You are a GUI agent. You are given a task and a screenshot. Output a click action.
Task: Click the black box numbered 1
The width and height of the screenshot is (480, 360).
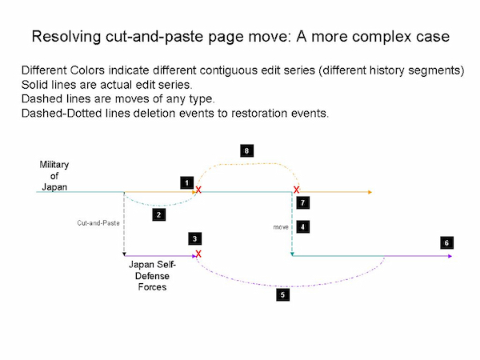(186, 183)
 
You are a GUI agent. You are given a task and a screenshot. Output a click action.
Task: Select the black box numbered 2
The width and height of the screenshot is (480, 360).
(159, 214)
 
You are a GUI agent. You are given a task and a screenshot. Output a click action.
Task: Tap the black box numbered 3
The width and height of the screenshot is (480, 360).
(194, 238)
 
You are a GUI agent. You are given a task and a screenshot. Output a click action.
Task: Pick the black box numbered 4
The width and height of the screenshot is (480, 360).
(302, 227)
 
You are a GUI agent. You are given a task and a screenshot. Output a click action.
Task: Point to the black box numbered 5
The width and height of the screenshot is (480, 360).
(283, 294)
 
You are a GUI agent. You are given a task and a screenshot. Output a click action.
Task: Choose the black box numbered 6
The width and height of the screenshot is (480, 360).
(447, 242)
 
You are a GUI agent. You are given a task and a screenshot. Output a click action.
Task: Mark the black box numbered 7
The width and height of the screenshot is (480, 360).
(302, 202)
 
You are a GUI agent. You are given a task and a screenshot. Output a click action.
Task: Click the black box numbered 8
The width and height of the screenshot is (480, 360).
(246, 150)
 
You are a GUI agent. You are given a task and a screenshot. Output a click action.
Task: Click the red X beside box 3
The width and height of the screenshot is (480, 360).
(198, 254)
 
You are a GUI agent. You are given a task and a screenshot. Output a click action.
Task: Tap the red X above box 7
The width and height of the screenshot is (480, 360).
(296, 190)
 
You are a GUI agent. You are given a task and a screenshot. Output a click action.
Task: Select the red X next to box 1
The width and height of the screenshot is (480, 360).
(198, 190)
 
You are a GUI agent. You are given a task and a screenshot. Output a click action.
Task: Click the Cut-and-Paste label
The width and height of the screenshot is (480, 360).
(98, 223)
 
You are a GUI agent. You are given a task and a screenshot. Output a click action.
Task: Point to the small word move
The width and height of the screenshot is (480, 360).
(281, 227)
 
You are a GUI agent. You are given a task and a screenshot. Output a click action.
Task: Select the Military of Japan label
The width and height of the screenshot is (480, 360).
(54, 176)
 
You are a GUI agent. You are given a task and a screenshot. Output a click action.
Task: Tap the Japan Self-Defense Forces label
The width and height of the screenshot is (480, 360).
(152, 276)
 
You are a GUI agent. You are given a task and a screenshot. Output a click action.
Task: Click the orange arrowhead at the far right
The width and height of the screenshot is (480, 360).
(370, 192)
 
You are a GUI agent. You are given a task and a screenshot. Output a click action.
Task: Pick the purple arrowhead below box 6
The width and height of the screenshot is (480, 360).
(450, 256)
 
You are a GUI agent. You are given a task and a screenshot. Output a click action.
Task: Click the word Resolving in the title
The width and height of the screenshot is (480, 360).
(66, 37)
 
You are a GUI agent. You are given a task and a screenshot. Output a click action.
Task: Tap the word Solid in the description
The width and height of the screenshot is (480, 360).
(35, 85)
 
